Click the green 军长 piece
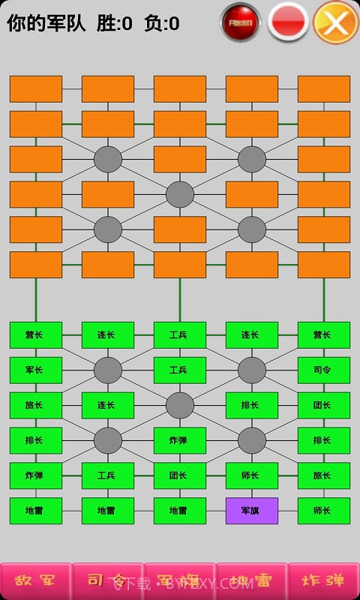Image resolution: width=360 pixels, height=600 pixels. tap(36, 370)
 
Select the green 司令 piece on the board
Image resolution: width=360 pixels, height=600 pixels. tap(323, 370)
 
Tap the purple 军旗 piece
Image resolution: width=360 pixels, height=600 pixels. tap(251, 511)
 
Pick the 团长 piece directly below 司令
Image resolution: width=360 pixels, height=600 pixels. tap(323, 405)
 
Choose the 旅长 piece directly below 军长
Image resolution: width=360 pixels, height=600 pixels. tap(36, 405)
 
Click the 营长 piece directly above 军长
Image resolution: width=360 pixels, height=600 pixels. tap(36, 334)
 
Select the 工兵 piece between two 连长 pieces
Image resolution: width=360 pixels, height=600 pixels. tap(179, 334)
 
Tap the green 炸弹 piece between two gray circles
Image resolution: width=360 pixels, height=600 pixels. tap(179, 440)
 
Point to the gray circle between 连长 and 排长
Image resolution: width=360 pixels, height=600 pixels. tap(179, 405)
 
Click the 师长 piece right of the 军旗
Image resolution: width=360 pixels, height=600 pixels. tap(323, 511)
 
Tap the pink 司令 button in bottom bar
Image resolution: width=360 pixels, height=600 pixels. tap(107, 580)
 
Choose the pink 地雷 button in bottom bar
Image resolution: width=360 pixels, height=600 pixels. tap(251, 580)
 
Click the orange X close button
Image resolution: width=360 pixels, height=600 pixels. tap(335, 22)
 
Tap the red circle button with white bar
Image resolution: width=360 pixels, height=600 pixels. tap(288, 22)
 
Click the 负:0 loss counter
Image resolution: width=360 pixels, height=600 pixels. tap(162, 23)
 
